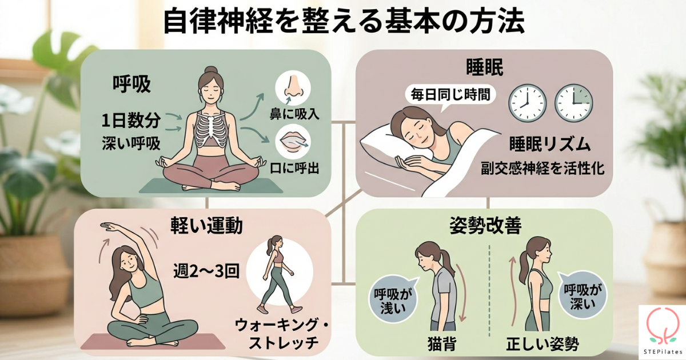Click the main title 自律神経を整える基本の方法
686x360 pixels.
click(x=344, y=23)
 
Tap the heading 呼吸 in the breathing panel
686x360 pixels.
click(x=131, y=84)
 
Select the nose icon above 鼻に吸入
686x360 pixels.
click(x=293, y=88)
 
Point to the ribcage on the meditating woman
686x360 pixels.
click(x=211, y=129)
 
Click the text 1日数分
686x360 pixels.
click(x=131, y=121)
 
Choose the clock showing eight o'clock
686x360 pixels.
click(x=527, y=103)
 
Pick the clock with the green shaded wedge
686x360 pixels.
click(x=573, y=103)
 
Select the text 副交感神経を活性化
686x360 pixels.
click(x=543, y=168)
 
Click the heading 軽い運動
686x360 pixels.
click(x=206, y=226)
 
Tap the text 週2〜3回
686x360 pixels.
click(x=206, y=271)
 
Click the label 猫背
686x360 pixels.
click(x=442, y=345)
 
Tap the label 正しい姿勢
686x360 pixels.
click(x=543, y=345)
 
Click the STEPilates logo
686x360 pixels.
click(x=662, y=332)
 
